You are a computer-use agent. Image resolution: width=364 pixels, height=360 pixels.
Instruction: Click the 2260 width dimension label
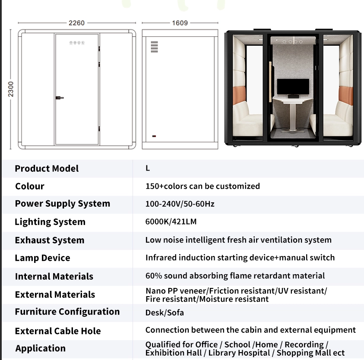(x=76, y=23)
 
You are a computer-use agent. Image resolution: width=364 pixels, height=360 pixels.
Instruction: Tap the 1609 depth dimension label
(x=180, y=23)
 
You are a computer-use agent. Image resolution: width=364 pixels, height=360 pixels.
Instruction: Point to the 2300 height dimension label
(x=11, y=89)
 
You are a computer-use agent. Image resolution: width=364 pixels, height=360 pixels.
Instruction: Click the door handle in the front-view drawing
(x=60, y=98)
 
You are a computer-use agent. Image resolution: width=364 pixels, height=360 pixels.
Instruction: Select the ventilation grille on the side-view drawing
(x=155, y=47)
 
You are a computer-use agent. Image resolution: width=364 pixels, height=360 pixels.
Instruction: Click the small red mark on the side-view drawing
(x=154, y=136)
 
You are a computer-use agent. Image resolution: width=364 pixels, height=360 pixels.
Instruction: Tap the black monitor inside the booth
(x=293, y=87)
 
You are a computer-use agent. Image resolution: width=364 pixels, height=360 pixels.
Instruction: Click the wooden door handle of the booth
(x=270, y=82)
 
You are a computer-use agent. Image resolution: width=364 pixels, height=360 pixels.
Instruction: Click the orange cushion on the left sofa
(x=239, y=95)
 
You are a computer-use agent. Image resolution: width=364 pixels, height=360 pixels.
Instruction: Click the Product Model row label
(x=47, y=168)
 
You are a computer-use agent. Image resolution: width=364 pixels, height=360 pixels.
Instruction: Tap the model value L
(x=148, y=168)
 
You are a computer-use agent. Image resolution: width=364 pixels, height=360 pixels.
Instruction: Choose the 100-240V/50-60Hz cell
(x=180, y=204)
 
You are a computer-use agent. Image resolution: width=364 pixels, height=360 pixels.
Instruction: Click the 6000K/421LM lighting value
(x=171, y=222)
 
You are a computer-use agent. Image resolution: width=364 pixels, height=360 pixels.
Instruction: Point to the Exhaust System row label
(x=50, y=240)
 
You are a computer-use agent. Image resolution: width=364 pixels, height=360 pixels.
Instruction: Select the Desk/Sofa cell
(x=165, y=313)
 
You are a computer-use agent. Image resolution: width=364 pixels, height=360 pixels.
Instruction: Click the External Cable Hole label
(x=58, y=331)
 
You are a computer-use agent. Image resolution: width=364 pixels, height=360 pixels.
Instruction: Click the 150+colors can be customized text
(x=203, y=186)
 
